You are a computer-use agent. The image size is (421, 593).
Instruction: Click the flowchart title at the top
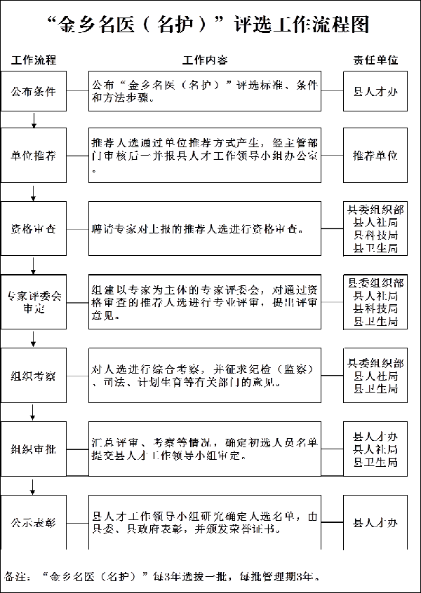(210, 25)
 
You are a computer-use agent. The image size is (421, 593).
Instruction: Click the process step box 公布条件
(34, 90)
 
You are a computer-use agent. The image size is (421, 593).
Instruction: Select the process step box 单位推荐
(34, 155)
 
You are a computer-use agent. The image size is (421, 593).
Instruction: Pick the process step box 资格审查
(34, 229)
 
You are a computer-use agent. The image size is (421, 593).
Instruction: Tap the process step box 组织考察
(34, 376)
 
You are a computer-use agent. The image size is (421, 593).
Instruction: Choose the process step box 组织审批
(34, 449)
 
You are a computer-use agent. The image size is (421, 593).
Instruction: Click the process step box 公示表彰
(34, 522)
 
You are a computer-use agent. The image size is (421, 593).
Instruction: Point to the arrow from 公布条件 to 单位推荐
(34, 120)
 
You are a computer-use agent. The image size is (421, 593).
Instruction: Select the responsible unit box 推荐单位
(375, 155)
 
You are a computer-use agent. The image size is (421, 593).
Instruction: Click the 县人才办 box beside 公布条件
(375, 90)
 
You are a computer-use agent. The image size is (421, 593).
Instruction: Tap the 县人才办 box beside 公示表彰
(375, 522)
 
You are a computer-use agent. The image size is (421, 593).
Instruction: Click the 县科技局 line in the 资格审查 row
(376, 235)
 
